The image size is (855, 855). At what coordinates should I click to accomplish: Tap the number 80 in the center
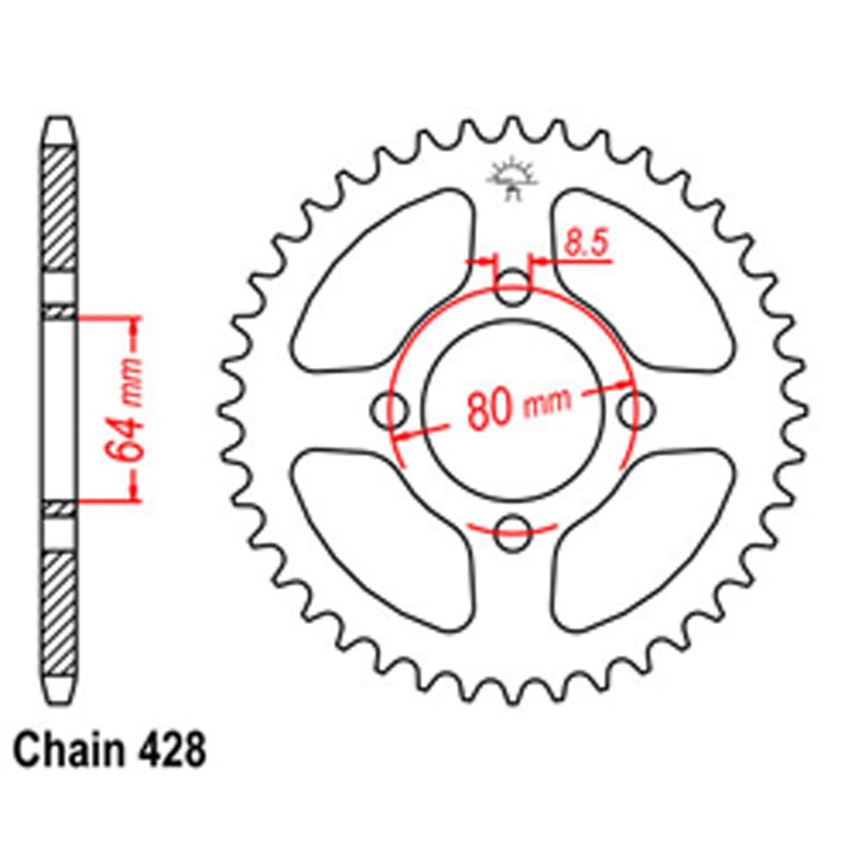(x=490, y=410)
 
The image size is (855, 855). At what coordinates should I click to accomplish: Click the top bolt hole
(x=513, y=287)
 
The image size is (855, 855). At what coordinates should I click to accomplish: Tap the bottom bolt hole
(x=513, y=530)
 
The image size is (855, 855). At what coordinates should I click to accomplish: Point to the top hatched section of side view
(x=60, y=209)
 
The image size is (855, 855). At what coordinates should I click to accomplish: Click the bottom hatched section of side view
(x=60, y=611)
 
